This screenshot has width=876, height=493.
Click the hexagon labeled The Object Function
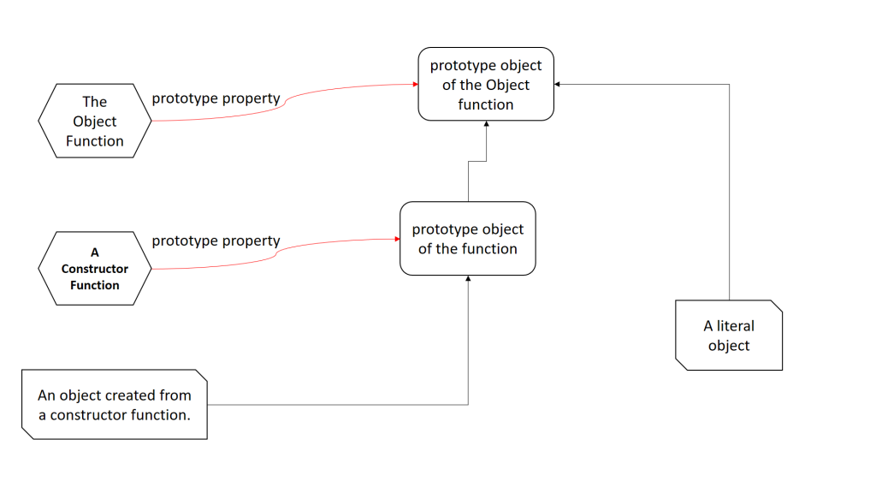click(x=95, y=121)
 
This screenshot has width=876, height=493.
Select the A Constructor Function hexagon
click(x=95, y=268)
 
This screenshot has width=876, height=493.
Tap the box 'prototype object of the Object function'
click(x=486, y=85)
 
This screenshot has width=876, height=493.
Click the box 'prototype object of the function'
click(x=468, y=239)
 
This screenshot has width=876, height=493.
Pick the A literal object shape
click(x=729, y=336)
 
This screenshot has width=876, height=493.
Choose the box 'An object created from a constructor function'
click(x=115, y=405)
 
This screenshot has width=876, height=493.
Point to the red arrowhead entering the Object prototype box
click(x=416, y=85)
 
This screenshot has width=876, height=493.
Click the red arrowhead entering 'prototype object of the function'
click(x=397, y=239)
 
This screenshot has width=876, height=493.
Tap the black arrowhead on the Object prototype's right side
click(x=557, y=85)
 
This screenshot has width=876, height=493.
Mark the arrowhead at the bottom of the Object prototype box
click(x=486, y=123)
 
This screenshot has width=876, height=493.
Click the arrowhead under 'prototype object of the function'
click(x=468, y=278)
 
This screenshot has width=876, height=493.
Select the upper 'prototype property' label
click(x=216, y=99)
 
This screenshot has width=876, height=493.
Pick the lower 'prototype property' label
click(x=216, y=241)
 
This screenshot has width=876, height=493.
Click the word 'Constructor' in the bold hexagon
click(x=95, y=269)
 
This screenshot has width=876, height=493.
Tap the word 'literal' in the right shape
click(x=735, y=326)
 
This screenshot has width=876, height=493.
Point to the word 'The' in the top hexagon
click(x=95, y=102)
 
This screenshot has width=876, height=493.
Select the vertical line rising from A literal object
click(x=729, y=193)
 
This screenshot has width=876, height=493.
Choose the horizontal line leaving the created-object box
click(x=337, y=405)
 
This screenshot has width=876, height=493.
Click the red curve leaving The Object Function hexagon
click(x=285, y=103)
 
